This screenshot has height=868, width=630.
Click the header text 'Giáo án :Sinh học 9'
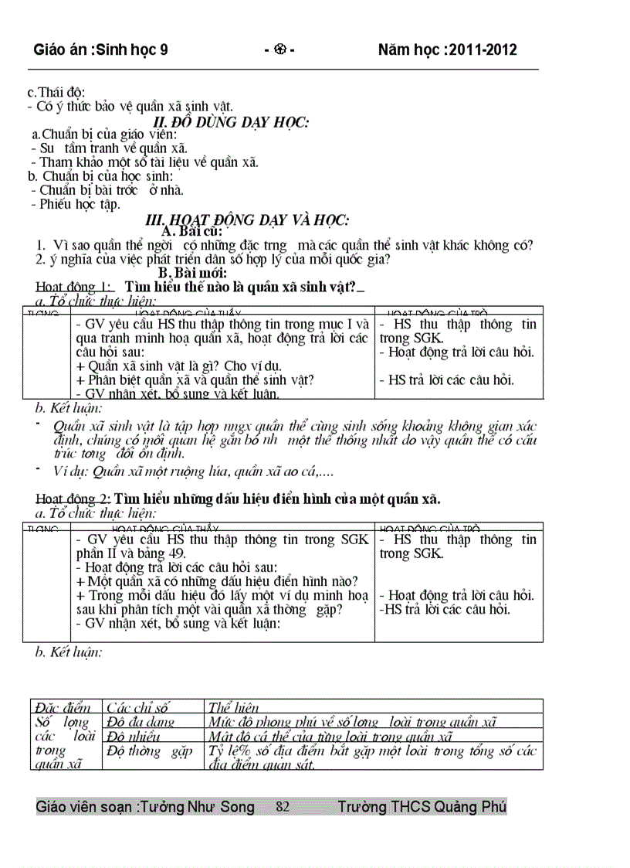point(100,50)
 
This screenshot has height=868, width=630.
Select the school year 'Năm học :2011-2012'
point(448,50)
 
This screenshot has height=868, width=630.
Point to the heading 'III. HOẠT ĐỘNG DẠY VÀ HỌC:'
point(247,220)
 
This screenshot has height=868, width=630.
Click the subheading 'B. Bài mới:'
point(192,273)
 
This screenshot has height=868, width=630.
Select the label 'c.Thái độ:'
point(56,93)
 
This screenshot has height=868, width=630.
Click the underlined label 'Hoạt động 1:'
point(73,288)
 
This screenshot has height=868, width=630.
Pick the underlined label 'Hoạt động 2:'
point(73,499)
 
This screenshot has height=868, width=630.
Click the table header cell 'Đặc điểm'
point(63,707)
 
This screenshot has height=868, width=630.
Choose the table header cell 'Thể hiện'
point(233,707)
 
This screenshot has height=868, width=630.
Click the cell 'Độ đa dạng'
point(141,722)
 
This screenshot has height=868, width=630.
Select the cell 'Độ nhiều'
point(134,737)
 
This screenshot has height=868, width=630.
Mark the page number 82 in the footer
point(283,807)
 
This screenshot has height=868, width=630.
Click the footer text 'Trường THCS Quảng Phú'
point(422,807)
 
